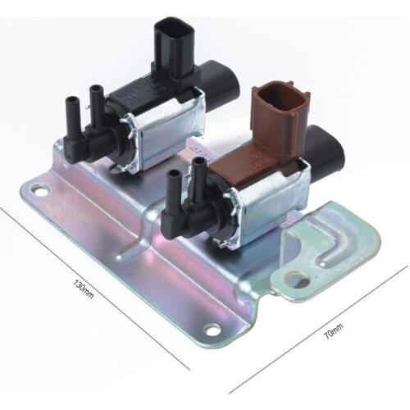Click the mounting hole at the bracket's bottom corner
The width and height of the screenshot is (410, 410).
(212, 329)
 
